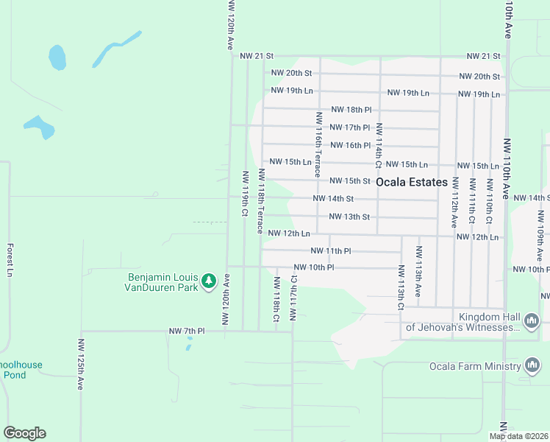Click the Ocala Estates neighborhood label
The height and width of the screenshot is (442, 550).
(411, 182)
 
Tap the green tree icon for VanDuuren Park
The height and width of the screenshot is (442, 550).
(209, 281)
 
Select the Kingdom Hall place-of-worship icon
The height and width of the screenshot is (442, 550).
(532, 320)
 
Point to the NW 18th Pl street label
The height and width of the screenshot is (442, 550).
(349, 109)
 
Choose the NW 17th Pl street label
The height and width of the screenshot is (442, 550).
(349, 127)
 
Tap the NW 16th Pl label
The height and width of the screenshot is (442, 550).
(350, 145)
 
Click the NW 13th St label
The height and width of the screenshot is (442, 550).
(349, 217)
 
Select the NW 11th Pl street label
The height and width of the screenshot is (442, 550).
(331, 251)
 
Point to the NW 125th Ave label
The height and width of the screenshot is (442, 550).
(81, 364)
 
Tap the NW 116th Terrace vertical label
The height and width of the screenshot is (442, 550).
(318, 145)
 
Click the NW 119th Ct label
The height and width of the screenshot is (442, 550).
(244, 194)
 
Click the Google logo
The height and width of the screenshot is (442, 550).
(24, 433)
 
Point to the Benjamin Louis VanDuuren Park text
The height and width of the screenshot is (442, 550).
(162, 282)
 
